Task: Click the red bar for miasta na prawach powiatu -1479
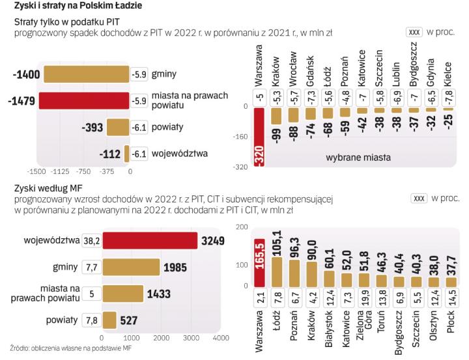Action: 83,101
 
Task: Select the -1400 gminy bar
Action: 86,75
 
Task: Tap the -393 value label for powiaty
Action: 89,128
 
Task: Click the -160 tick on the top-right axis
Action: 241,137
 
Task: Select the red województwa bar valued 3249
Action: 149,240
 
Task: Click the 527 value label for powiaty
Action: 131,320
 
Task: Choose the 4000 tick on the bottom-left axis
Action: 220,339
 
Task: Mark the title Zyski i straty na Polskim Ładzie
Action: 75,6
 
